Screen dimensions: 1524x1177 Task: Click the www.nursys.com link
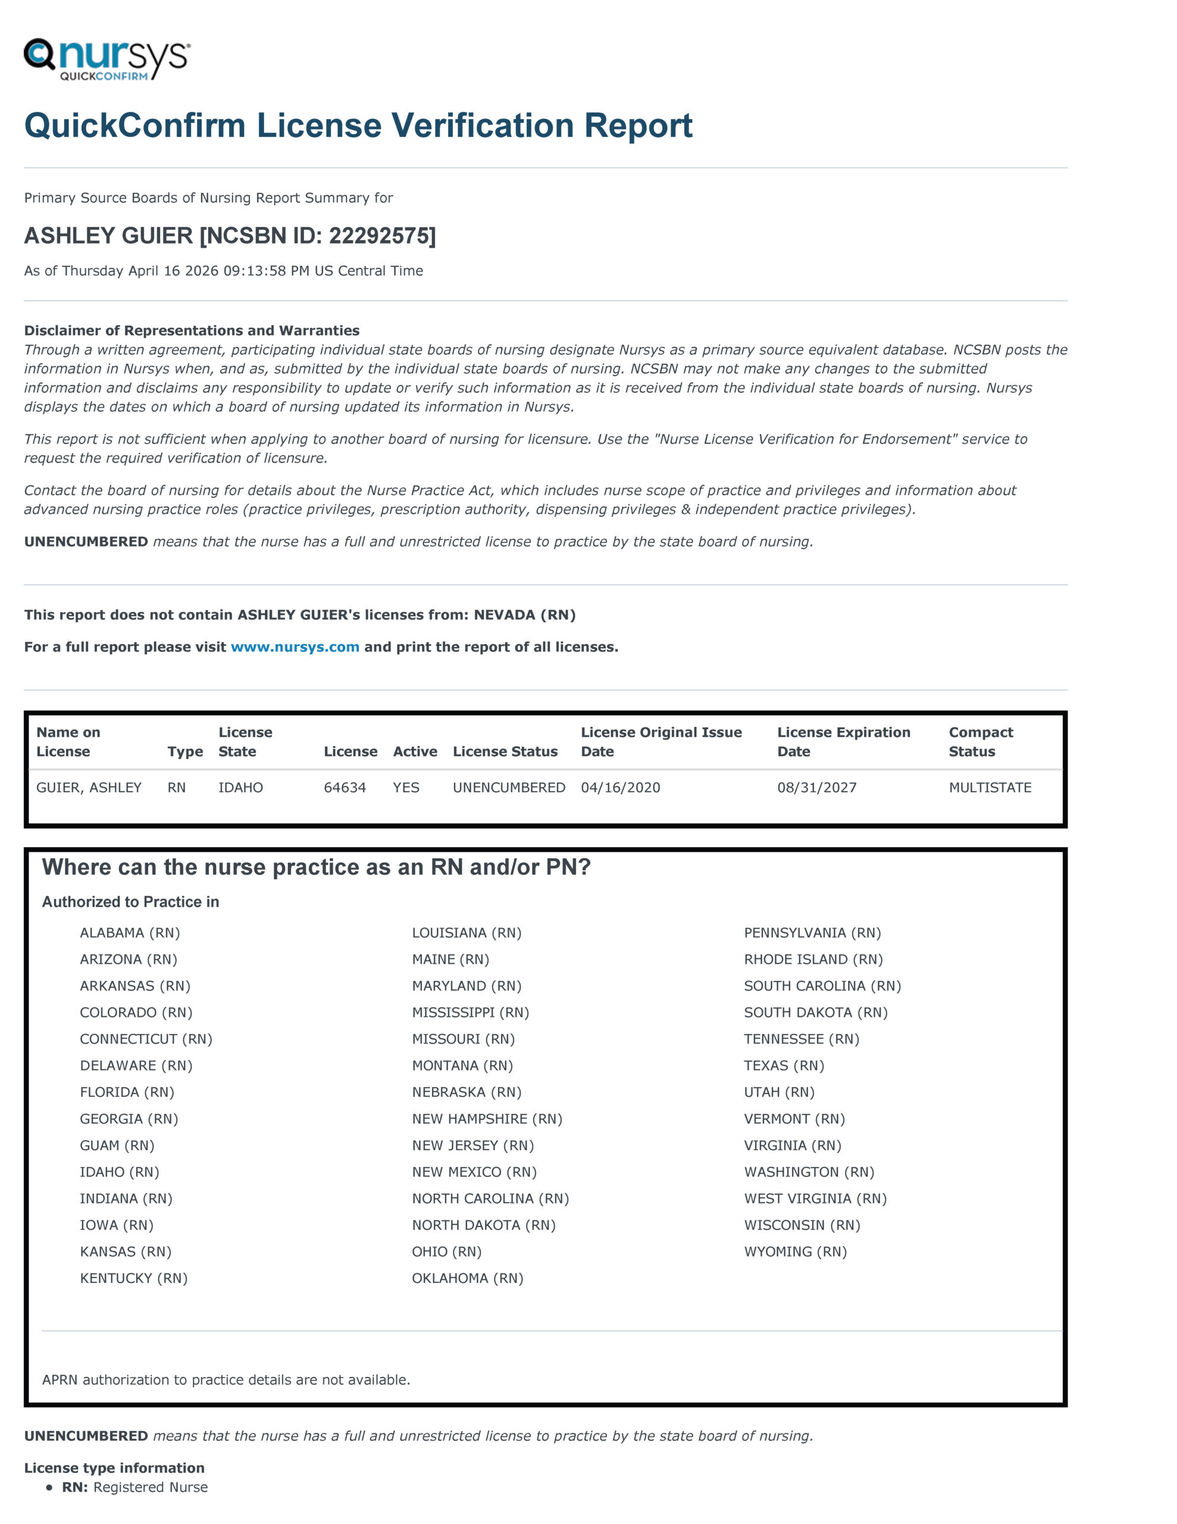295,647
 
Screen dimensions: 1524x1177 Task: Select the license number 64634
345,787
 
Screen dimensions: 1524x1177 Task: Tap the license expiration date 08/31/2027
816,787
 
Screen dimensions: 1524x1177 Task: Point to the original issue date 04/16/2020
620,787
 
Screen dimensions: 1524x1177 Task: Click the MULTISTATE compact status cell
990,787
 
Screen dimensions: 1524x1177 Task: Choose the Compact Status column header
980,742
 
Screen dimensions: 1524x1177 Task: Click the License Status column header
505,751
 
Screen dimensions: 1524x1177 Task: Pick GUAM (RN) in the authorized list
117,1145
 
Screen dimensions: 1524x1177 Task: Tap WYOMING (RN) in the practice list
794,1251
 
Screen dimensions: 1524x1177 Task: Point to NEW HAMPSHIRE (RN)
486,1119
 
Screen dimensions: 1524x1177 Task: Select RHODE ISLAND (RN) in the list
813,959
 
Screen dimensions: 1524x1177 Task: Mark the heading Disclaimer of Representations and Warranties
191,330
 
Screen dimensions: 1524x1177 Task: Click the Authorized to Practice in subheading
130,901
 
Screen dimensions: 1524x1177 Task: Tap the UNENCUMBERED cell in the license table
509,787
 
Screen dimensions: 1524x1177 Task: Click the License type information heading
114,1467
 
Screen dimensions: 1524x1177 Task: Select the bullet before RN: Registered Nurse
49,1488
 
